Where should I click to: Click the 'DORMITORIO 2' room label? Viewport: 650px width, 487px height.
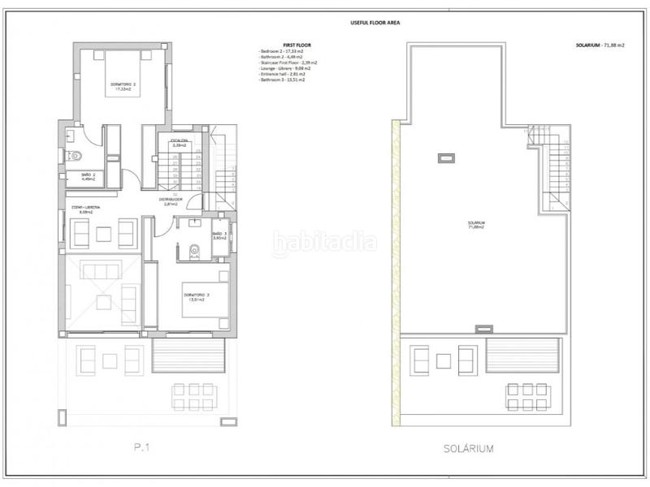tap(123, 85)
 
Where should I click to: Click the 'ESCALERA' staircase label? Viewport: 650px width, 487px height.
tap(180, 142)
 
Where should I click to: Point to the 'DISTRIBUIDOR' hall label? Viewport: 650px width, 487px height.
tap(191, 200)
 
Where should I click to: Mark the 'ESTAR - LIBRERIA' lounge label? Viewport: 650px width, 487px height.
tap(86, 209)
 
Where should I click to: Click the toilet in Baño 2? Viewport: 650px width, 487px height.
tap(76, 153)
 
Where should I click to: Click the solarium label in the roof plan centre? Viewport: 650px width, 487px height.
tap(475, 226)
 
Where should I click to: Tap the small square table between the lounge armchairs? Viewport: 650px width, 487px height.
tap(102, 234)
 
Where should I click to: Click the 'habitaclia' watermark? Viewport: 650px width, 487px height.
tap(325, 241)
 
